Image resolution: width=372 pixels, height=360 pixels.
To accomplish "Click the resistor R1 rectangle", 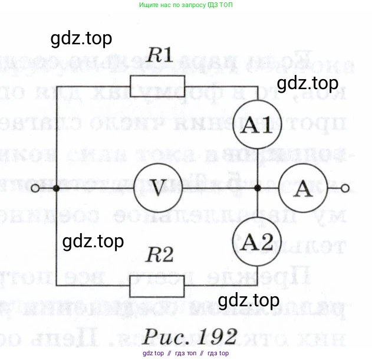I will (x=157, y=86).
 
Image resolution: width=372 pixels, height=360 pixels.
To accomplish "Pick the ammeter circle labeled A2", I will (x=257, y=242).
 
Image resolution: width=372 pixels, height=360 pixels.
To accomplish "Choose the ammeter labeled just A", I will (x=303, y=188).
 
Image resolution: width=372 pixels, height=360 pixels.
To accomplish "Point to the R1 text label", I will (x=159, y=56).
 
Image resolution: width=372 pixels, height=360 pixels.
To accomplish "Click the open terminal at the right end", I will (x=344, y=189).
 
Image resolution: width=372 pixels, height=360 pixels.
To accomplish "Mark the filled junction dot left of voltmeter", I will (x=56, y=189).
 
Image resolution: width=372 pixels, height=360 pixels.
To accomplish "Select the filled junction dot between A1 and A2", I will (x=257, y=189).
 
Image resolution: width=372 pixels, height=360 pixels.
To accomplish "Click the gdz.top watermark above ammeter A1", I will (x=308, y=83).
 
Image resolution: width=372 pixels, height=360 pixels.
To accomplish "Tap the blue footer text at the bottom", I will (x=185, y=354).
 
